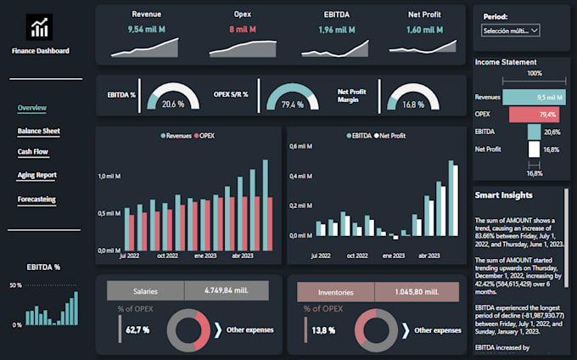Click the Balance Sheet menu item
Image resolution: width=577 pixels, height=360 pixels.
(39, 132)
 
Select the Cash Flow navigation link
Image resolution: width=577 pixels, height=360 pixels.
(34, 152)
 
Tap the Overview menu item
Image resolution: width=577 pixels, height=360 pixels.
(32, 108)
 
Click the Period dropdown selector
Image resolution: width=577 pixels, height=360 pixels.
(511, 31)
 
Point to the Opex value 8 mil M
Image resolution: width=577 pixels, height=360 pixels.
(242, 30)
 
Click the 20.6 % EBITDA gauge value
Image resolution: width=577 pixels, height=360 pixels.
(173, 104)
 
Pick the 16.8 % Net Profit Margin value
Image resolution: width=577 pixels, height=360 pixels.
(412, 104)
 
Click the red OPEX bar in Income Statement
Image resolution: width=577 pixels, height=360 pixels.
(534, 115)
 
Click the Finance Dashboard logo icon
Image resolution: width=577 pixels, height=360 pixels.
(40, 27)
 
